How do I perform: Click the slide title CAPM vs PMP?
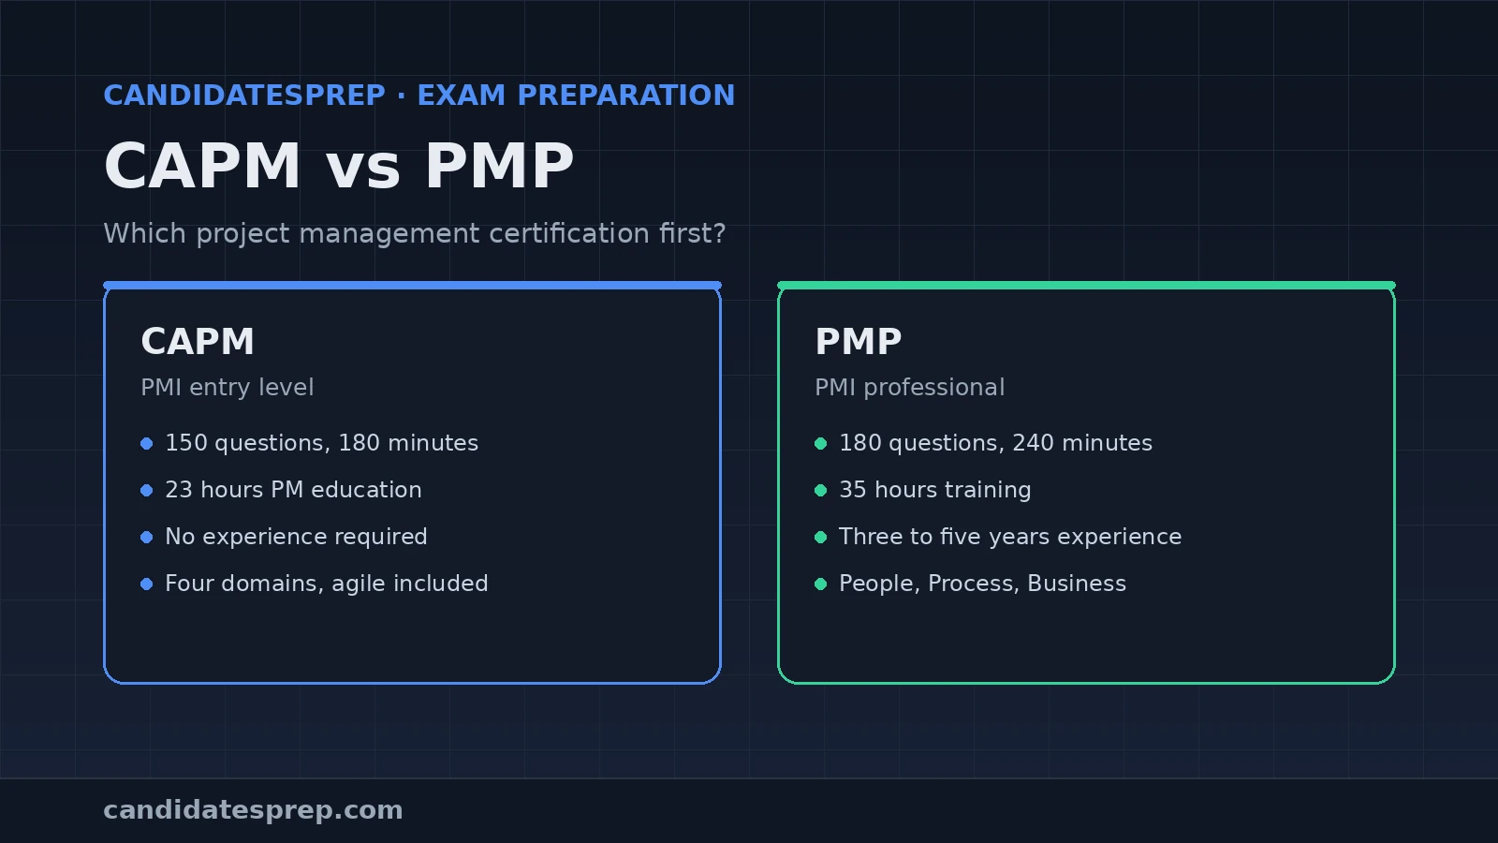pos(339,167)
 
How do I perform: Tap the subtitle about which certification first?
pos(415,234)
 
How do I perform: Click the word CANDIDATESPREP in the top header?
pos(244,96)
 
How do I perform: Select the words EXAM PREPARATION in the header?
pos(577,96)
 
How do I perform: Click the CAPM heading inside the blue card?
pos(198,342)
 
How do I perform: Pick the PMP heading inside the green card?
pos(859,342)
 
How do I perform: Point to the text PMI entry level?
pos(228,388)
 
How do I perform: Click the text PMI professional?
pos(909,388)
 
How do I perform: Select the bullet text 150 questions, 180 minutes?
pos(322,443)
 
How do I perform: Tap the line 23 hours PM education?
pos(294,490)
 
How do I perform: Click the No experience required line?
pos(296,537)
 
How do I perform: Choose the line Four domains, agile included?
pos(327,584)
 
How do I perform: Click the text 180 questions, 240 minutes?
pos(996,443)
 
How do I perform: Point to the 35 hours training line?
pos(935,490)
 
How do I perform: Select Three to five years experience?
pos(1010,537)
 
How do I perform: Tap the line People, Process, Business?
pos(982,584)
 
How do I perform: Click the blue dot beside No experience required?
pos(147,538)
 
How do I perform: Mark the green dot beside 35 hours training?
pos(821,491)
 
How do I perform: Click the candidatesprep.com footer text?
pos(253,810)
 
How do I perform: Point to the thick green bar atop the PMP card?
pos(1086,286)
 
